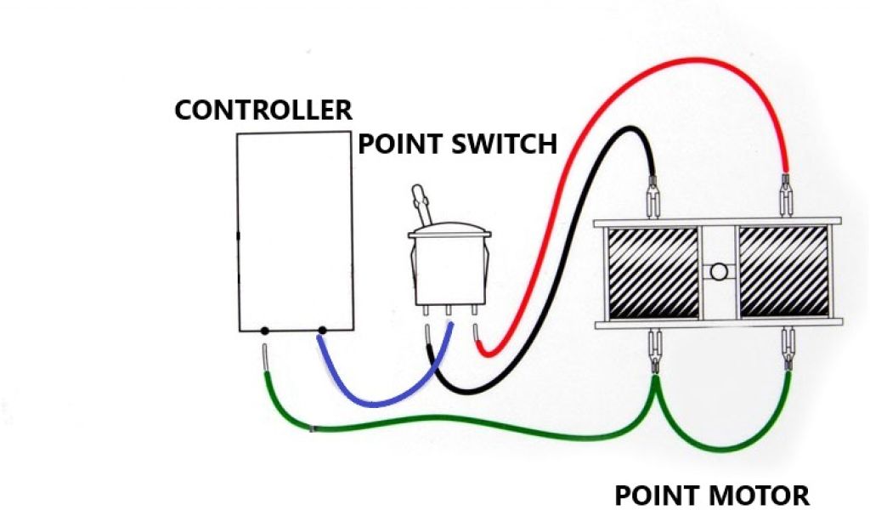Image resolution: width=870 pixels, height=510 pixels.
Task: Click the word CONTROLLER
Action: click(x=263, y=110)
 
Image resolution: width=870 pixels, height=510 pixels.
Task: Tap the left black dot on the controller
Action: click(x=265, y=330)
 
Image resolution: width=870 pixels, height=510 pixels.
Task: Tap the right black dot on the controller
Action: click(x=322, y=330)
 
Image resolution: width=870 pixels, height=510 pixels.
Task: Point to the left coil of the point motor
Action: click(x=650, y=273)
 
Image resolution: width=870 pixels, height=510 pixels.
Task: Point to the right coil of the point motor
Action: click(x=782, y=273)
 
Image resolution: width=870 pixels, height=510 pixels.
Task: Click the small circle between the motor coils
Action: click(x=718, y=273)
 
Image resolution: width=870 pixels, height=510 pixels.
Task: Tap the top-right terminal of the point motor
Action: click(x=787, y=195)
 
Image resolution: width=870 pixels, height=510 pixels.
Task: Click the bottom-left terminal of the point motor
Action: click(x=655, y=348)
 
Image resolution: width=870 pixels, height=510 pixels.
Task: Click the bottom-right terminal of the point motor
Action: click(x=788, y=348)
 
